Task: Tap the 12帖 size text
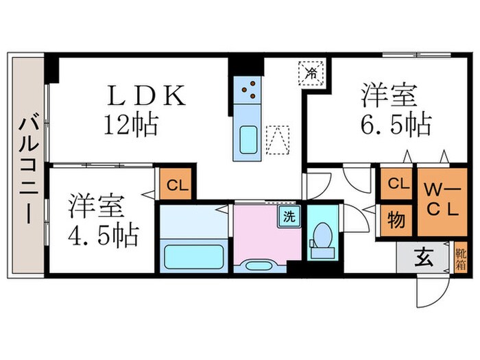132,124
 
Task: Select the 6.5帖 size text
396,124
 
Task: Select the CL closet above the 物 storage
396,183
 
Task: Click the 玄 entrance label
424,259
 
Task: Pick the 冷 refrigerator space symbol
311,71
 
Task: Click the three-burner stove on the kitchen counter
248,88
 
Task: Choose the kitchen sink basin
248,140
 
